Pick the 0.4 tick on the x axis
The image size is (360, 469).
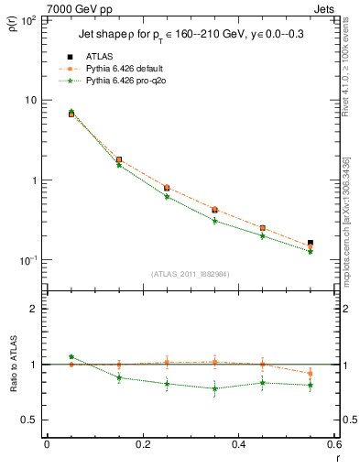click(238, 444)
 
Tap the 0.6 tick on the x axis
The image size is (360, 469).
click(333, 444)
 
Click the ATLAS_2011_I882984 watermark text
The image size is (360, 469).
click(190, 274)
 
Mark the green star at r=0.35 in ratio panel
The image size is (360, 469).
click(214, 388)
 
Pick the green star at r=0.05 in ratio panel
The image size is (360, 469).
click(71, 356)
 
